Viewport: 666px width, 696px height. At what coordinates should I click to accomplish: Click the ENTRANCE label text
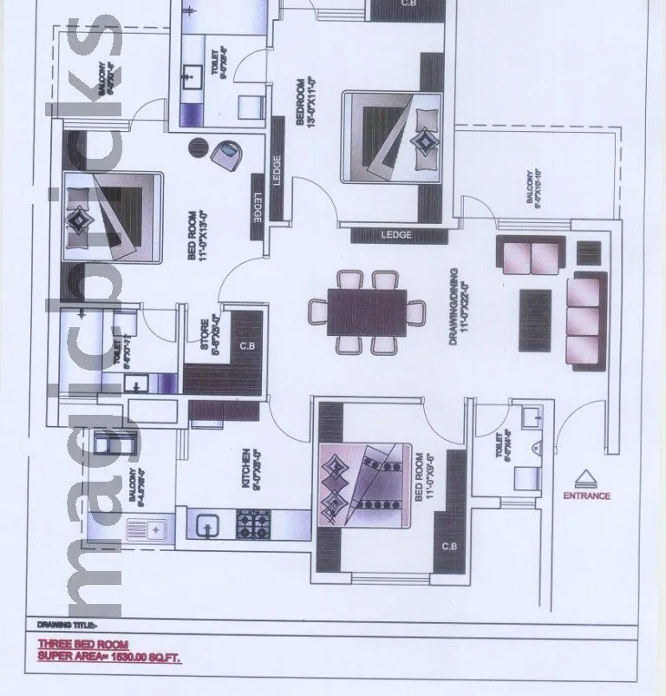587,496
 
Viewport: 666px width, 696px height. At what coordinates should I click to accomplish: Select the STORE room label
205,336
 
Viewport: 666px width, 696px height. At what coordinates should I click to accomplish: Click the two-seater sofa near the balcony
531,257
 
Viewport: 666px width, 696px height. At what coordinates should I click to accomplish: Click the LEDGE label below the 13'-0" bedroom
395,235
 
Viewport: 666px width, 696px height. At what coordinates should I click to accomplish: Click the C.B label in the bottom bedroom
449,547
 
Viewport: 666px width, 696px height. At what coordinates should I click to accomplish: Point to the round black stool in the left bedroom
199,148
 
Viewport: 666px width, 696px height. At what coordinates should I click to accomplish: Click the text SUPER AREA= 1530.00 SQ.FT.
110,658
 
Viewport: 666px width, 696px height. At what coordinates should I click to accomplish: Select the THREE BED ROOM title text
82,645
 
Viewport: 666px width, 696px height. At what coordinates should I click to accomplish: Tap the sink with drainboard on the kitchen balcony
149,528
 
